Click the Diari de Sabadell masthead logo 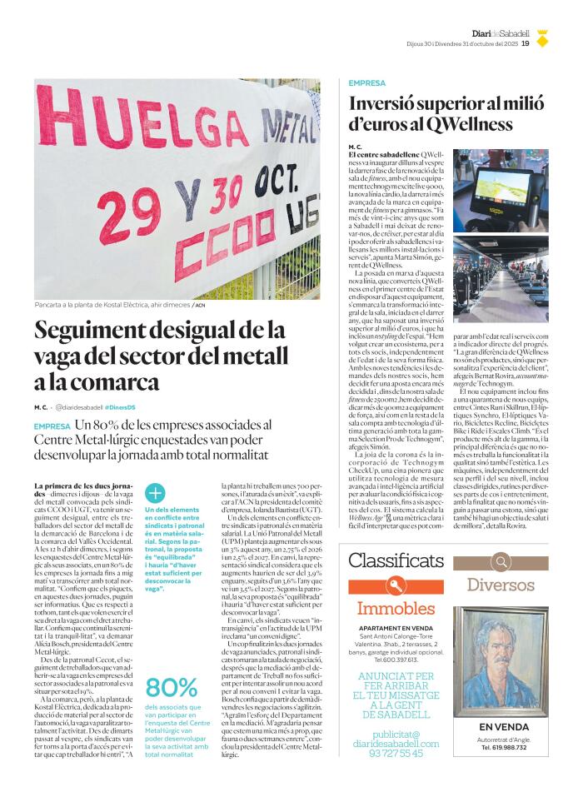pos(501,32)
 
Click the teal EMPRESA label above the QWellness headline pos(366,83)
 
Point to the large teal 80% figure pos(172,686)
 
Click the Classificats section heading pos(396,560)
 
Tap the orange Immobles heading pos(396,608)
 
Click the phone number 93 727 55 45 pos(396,753)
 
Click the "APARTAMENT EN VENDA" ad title pos(396,628)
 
